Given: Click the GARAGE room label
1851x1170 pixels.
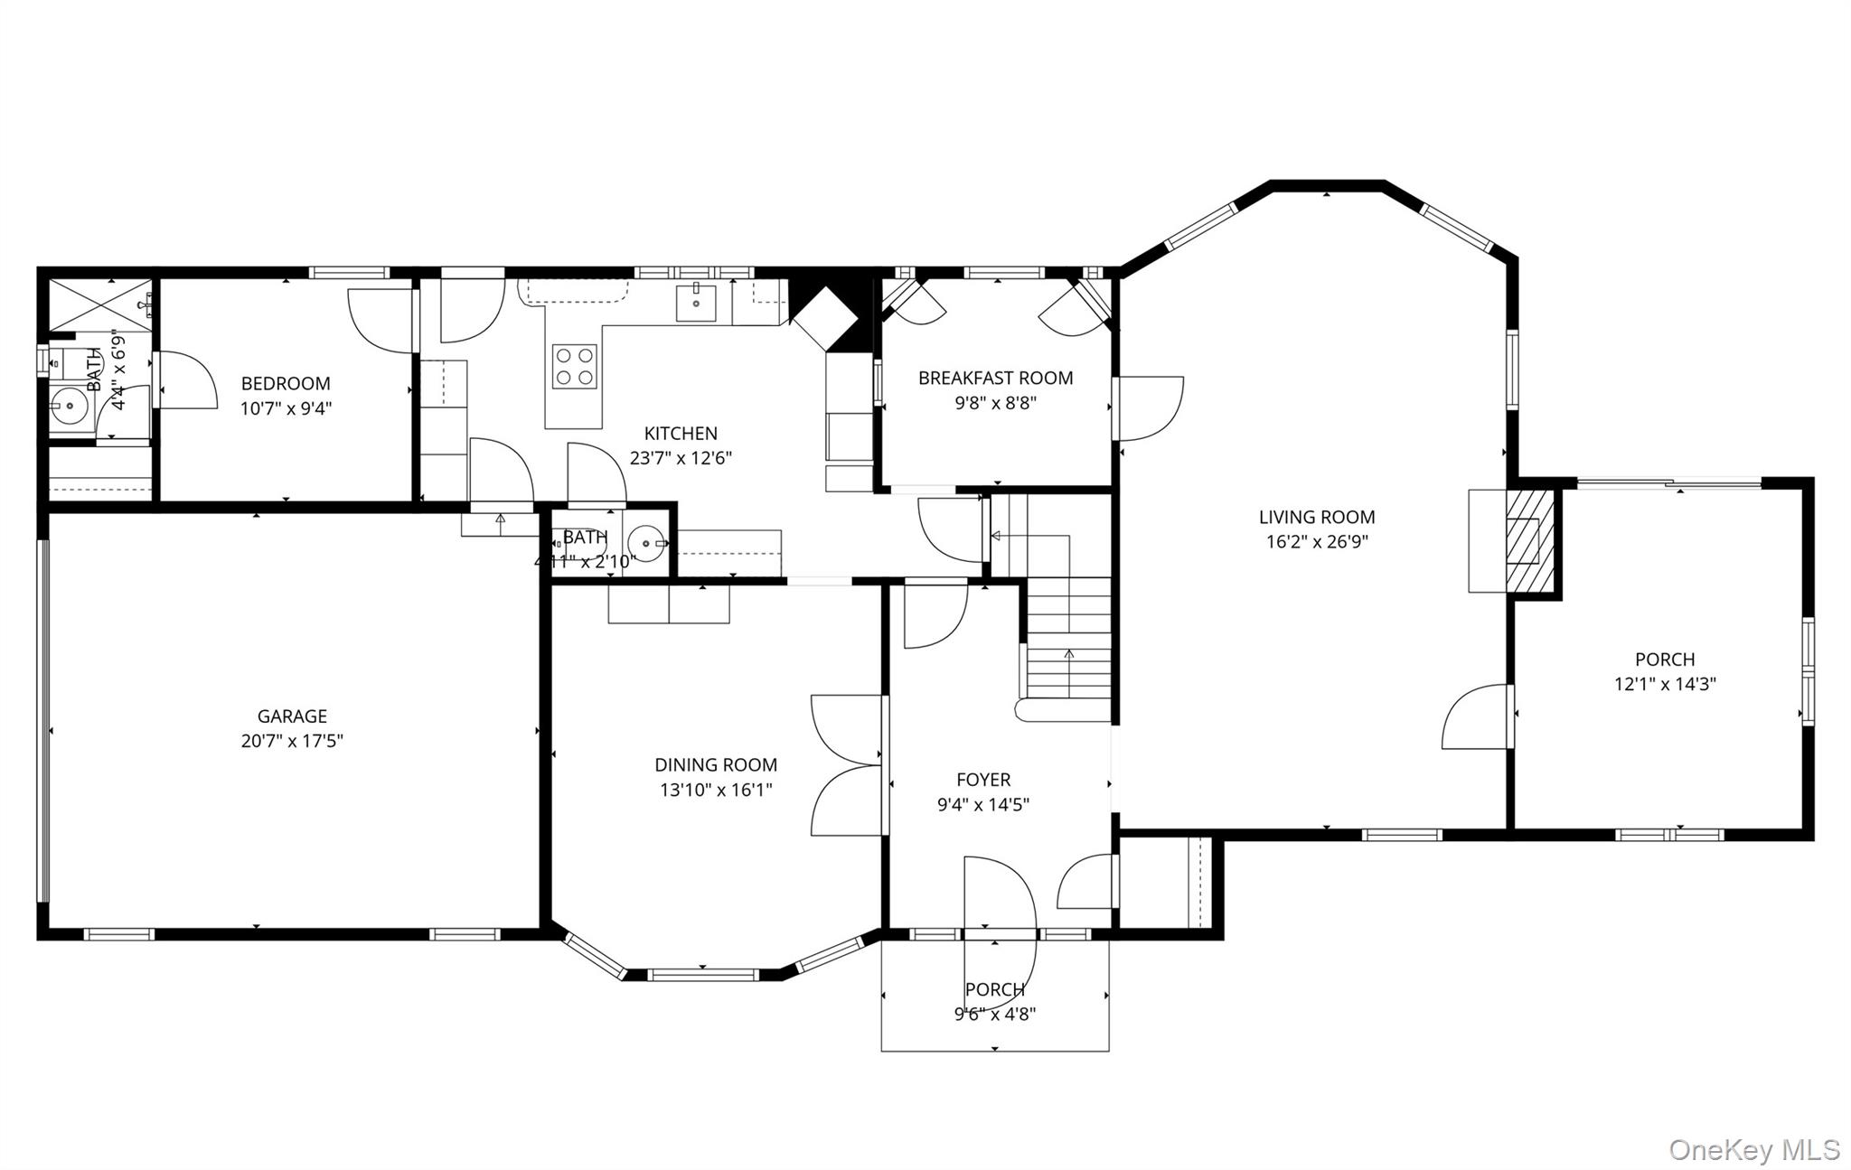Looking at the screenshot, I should (292, 716).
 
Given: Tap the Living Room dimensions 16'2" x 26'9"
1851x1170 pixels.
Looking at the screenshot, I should (1317, 542).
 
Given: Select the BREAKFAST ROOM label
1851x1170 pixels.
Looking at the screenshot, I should (995, 378).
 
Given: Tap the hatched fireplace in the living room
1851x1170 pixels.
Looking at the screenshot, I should (1529, 540).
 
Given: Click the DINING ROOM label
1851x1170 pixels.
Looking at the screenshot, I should (716, 765).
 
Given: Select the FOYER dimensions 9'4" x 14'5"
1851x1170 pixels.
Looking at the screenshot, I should (983, 804).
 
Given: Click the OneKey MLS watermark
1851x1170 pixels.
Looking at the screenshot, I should (1753, 1150).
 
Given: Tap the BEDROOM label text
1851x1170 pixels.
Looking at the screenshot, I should (286, 383).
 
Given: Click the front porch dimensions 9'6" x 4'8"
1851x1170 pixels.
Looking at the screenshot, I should (994, 1014).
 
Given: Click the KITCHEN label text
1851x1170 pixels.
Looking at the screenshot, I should (681, 434).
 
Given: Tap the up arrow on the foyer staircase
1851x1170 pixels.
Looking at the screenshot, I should (1069, 653).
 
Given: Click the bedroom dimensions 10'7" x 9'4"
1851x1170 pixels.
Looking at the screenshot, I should (286, 408).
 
